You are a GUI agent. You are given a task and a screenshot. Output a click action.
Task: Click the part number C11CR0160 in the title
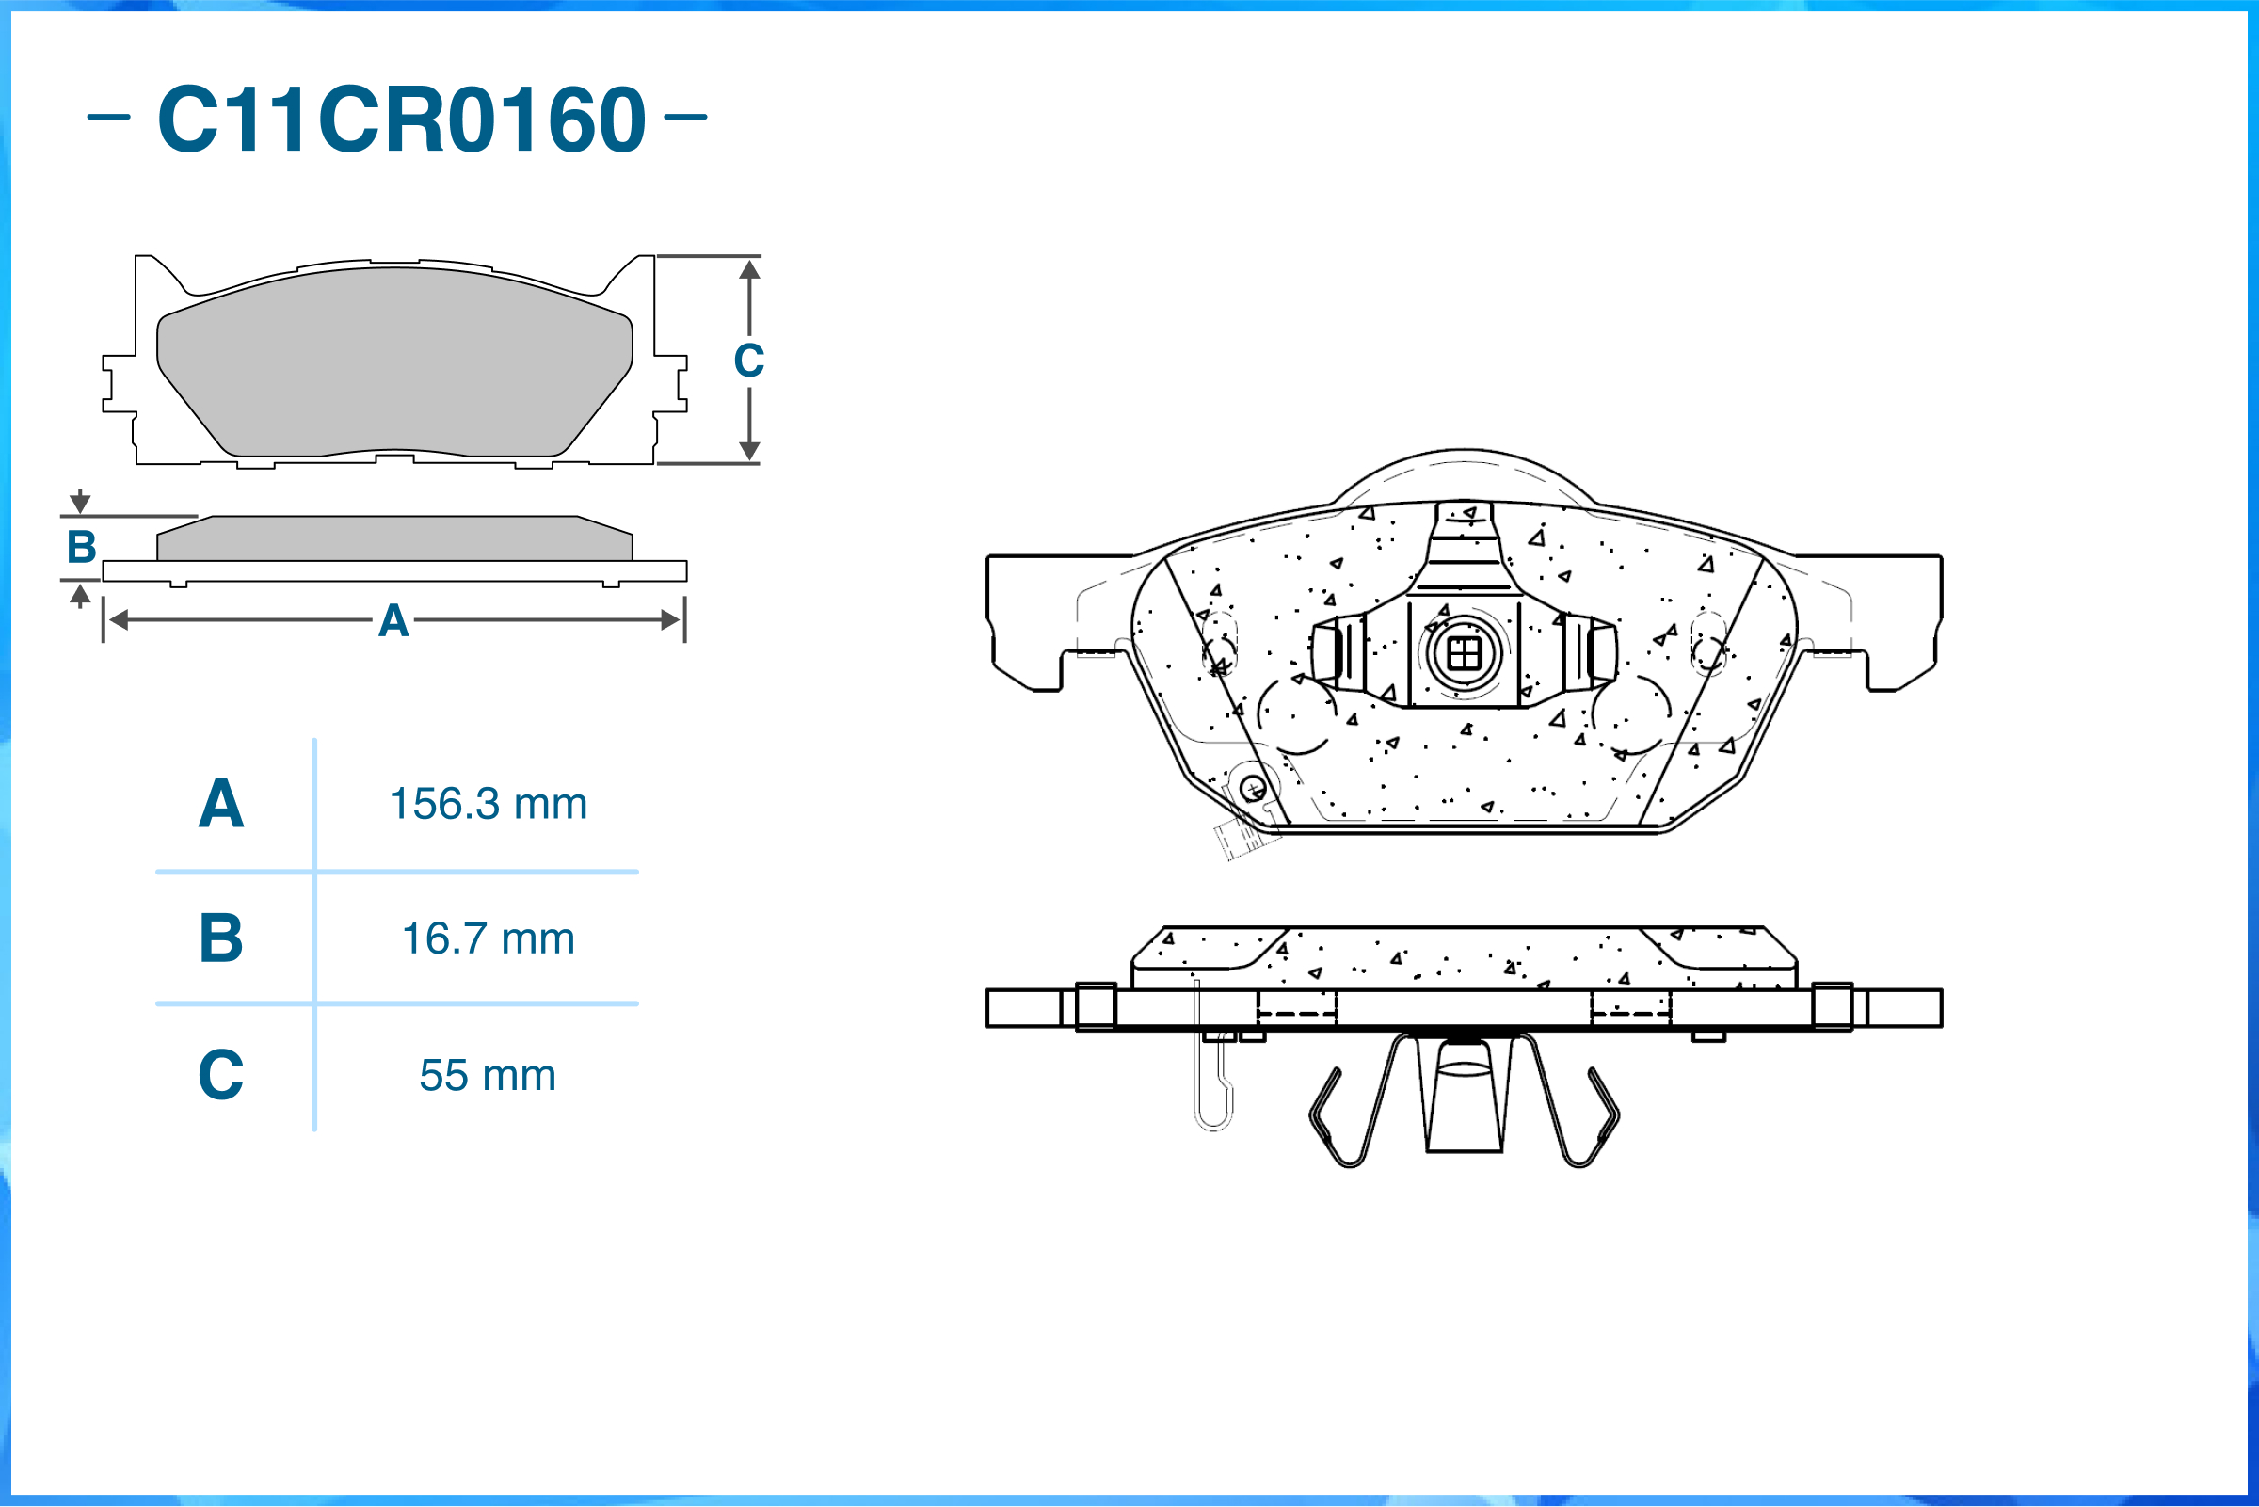tap(402, 120)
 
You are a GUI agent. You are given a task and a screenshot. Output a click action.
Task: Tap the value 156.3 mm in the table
tap(489, 804)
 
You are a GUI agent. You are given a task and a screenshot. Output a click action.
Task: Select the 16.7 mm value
tap(489, 939)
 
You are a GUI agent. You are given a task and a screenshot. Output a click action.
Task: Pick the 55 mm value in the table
tap(488, 1076)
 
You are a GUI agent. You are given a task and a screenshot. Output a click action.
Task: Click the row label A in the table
tap(221, 804)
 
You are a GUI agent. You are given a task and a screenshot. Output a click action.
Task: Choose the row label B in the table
tap(221, 939)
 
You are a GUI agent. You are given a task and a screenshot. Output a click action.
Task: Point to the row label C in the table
tap(221, 1076)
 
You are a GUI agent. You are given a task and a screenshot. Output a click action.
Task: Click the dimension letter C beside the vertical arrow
tap(748, 361)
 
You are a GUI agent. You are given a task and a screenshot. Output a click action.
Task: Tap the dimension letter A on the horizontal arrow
tap(393, 622)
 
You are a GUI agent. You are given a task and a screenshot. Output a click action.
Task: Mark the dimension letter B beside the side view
tap(82, 548)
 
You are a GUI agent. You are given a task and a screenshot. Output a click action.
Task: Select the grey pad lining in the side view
tap(394, 539)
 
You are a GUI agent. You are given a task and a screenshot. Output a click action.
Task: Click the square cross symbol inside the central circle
tap(1464, 654)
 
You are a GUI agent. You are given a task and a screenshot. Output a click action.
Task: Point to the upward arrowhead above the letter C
tap(749, 270)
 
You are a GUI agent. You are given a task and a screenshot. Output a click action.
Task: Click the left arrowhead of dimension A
tap(119, 620)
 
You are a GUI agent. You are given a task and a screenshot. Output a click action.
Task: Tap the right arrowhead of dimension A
tap(671, 620)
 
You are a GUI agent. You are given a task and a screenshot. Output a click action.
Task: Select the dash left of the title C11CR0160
tap(108, 118)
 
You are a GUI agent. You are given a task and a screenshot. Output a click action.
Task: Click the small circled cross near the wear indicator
tap(1253, 790)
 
